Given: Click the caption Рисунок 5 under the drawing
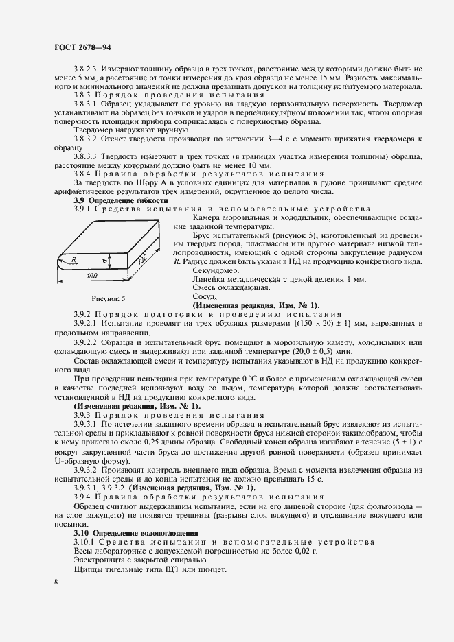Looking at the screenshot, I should (109, 299).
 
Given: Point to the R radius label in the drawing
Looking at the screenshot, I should (72, 259).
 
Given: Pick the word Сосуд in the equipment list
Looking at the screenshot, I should (186, 296).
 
